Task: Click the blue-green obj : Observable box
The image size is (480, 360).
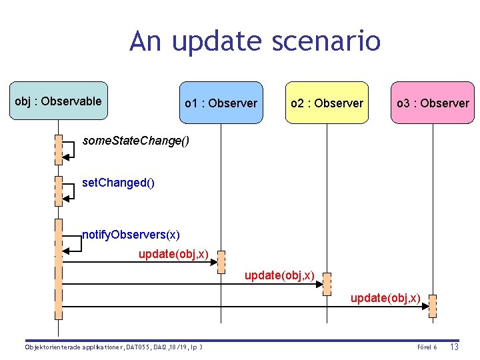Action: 58,101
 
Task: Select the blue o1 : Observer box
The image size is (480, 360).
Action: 221,103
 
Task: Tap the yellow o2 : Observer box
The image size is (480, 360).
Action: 327,103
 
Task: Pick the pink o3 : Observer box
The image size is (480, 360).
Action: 432,103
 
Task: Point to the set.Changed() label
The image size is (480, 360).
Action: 118,182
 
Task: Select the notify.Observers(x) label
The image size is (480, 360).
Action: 131,235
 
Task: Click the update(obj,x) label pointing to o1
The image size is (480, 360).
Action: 173,254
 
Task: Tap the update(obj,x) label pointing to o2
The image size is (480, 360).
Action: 279,275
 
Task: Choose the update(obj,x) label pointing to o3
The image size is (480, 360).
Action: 385,297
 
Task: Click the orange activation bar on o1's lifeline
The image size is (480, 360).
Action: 221,262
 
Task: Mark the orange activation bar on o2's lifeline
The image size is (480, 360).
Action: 327,283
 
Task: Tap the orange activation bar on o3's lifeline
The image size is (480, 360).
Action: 433,305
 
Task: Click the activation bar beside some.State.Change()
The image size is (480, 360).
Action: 59,149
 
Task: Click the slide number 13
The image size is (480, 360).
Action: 455,347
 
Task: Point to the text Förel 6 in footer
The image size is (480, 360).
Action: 427,347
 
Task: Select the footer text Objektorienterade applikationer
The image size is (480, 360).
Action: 72,347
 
